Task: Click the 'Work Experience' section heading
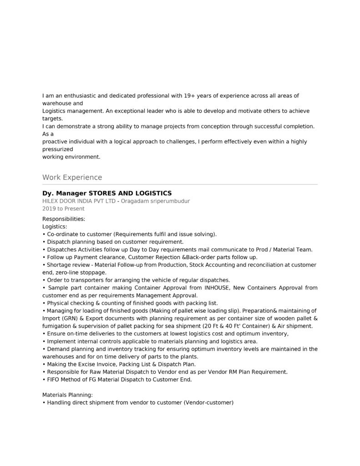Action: (x=72, y=177)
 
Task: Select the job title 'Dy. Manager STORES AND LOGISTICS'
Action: (x=107, y=193)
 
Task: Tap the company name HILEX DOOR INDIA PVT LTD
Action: (x=79, y=201)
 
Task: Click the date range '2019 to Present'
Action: (x=63, y=209)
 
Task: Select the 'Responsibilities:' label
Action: (x=64, y=219)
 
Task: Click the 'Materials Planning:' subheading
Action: (x=67, y=395)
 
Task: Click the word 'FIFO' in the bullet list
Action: (x=54, y=380)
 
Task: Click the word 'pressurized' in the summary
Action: (x=58, y=149)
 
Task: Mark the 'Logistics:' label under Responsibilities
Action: (x=55, y=227)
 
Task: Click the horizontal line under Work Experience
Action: (x=180, y=184)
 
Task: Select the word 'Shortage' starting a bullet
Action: (x=59, y=265)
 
